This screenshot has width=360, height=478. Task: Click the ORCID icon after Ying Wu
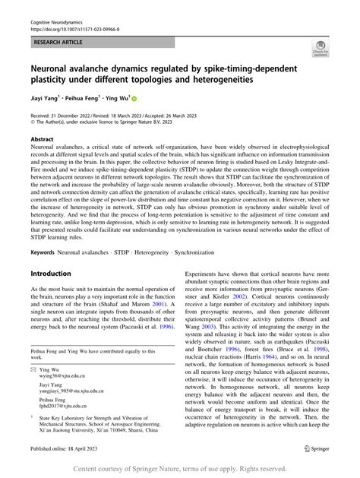(x=135, y=98)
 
